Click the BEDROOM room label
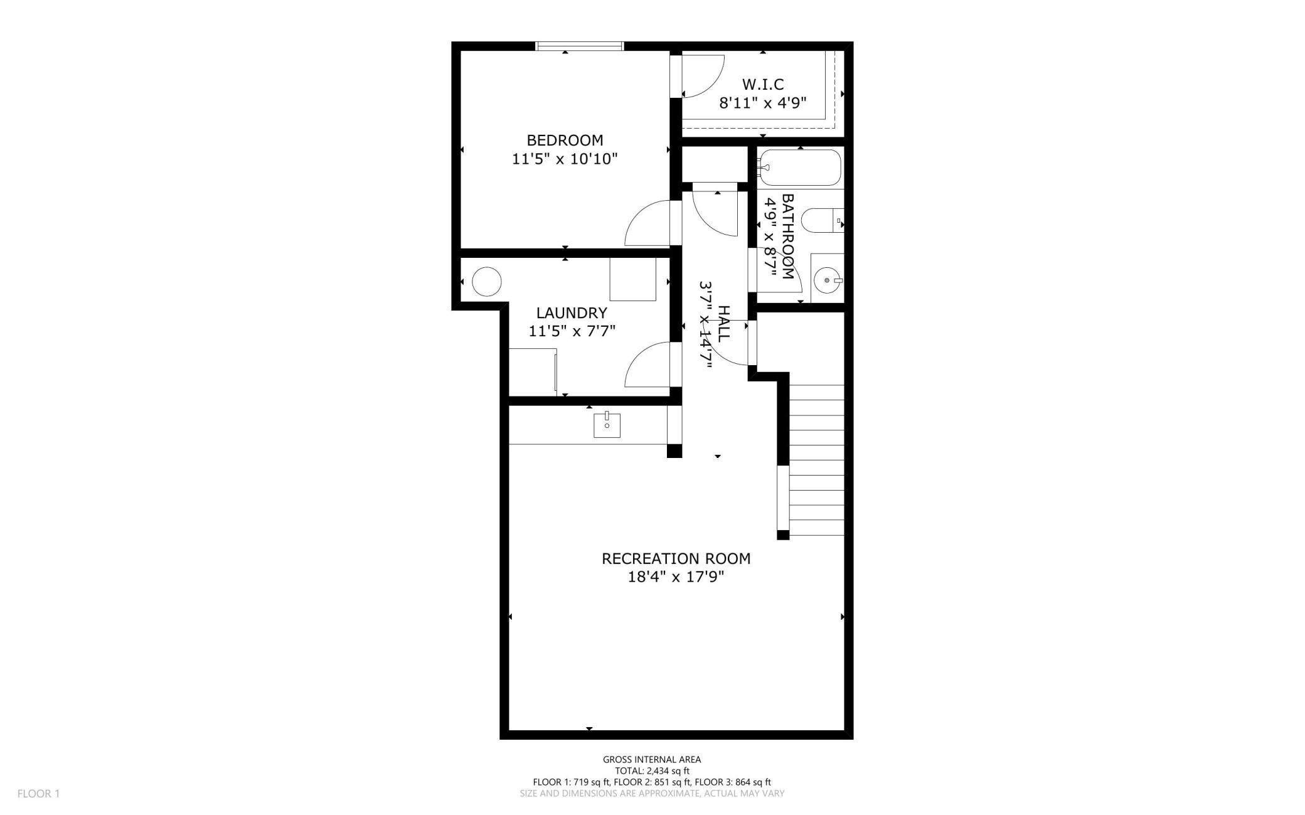point(565,140)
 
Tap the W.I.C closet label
point(763,84)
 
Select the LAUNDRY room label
point(572,312)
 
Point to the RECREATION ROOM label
point(676,558)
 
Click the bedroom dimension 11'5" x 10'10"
point(565,159)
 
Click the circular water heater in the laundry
point(487,282)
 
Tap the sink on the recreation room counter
point(607,425)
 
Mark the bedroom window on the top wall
point(580,46)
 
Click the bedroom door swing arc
point(646,225)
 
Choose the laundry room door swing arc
point(646,366)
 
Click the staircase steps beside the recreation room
point(816,460)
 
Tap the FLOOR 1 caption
point(38,794)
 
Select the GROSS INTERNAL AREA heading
point(652,759)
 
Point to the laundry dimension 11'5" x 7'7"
point(572,331)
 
